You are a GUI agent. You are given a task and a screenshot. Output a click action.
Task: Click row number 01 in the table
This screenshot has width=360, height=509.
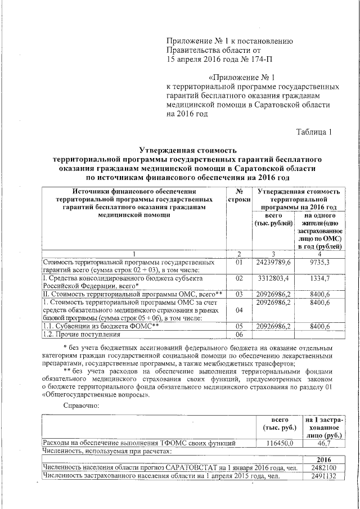[x=239, y=263]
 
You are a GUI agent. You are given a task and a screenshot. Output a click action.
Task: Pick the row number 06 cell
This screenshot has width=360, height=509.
[x=239, y=335]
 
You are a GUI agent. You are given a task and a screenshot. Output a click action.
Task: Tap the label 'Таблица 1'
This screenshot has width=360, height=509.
[x=314, y=132]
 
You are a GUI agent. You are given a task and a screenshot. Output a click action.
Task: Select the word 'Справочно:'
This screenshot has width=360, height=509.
[x=82, y=405]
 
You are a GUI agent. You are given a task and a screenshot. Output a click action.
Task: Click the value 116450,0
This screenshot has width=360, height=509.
[x=280, y=443]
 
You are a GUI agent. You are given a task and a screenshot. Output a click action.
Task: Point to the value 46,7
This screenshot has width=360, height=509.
[x=324, y=443]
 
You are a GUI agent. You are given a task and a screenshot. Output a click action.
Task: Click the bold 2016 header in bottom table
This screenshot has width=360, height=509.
[x=324, y=459]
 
